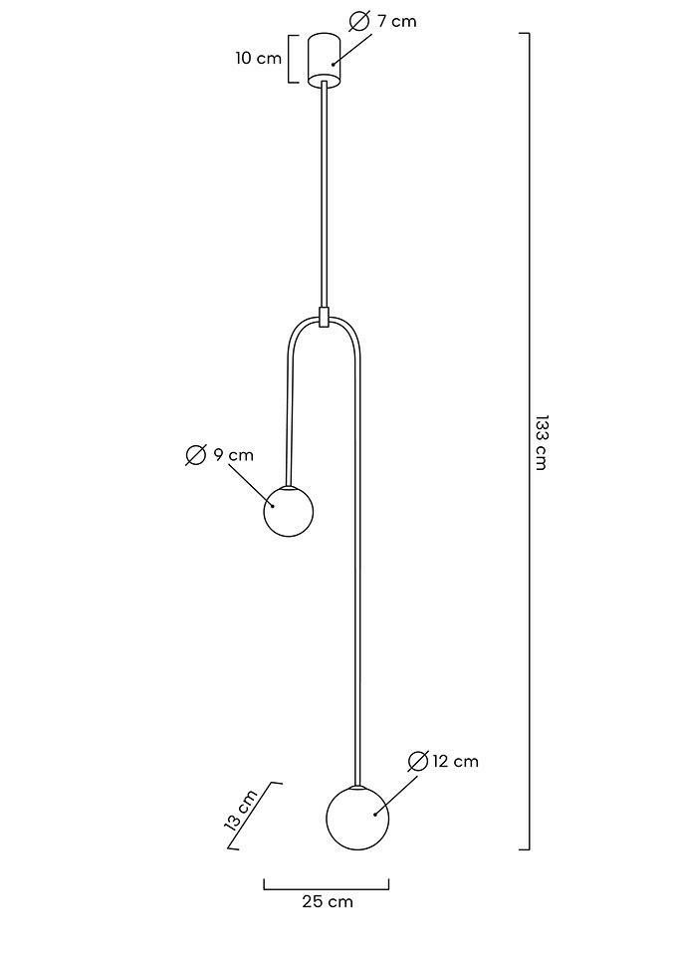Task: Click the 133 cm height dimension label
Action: click(541, 442)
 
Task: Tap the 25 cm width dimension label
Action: click(328, 902)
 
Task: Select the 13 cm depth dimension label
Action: click(241, 812)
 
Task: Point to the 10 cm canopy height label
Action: click(259, 59)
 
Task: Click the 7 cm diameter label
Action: click(397, 21)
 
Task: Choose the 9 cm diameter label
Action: click(233, 455)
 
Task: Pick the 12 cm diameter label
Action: click(455, 762)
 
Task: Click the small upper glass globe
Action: click(289, 511)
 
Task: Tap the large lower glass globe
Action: click(357, 818)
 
